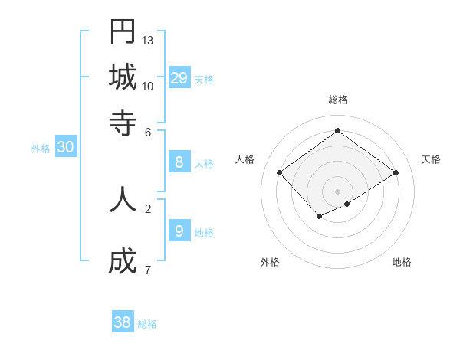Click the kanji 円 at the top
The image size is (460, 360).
point(123,32)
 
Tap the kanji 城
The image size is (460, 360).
point(123,77)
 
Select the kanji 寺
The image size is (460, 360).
point(123,122)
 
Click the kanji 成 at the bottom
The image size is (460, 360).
point(123,262)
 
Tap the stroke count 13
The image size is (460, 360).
point(148,40)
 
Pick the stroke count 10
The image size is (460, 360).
point(148,86)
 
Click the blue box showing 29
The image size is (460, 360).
point(179,77)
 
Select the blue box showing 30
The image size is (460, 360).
point(65,148)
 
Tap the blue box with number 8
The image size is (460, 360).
point(179,162)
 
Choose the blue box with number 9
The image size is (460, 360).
point(179,231)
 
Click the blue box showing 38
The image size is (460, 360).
point(123,322)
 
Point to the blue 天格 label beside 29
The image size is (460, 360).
point(204,80)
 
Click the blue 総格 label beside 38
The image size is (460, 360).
point(147,325)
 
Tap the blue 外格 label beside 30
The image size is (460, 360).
point(41,149)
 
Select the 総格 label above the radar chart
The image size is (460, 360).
point(338,100)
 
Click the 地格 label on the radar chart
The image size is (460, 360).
point(402,262)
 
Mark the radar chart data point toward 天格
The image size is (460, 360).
point(396,173)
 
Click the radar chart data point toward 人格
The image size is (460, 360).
point(280,173)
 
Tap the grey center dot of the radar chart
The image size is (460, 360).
point(338,191)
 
